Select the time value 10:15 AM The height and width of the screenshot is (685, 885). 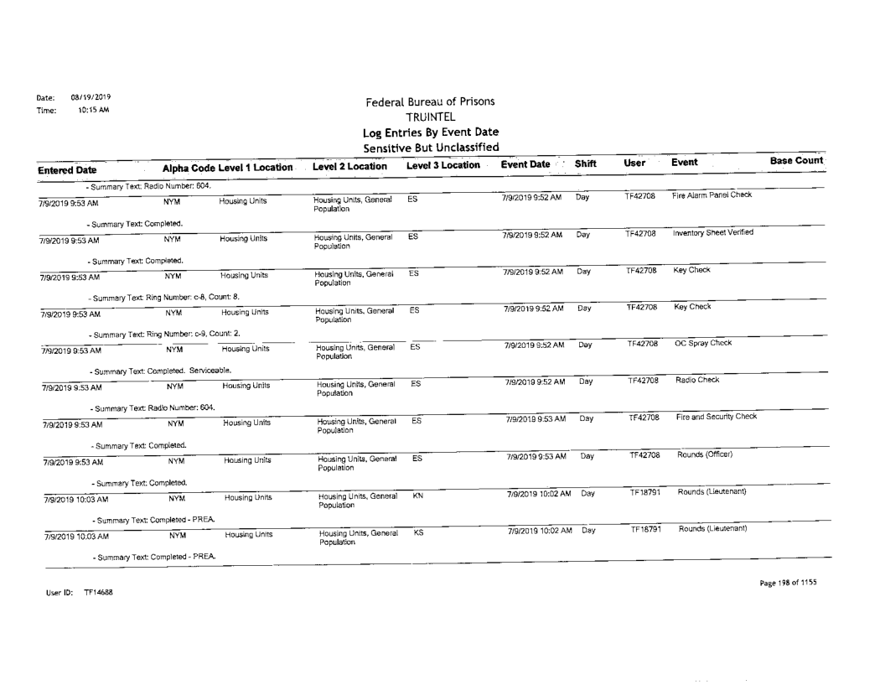pos(80,109)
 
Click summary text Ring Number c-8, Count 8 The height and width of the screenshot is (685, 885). pos(163,298)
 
